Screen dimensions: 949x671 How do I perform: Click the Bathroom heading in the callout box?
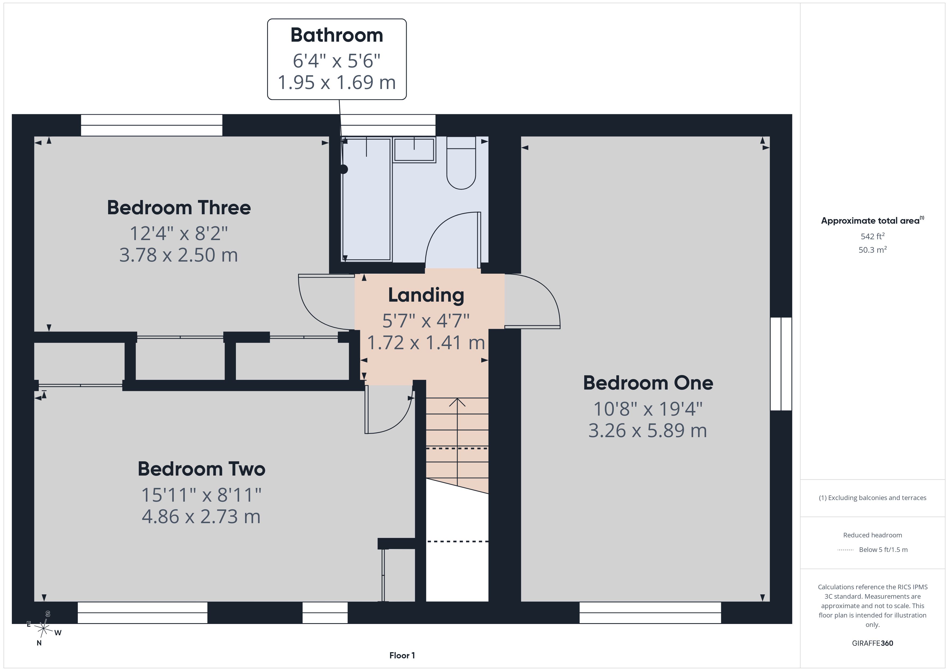tap(337, 35)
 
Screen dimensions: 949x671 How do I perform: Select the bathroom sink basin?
tap(414, 149)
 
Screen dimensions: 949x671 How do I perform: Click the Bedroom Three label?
tap(179, 208)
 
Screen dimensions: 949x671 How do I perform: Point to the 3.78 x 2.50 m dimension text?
tap(179, 255)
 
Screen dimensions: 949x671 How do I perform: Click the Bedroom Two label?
tap(201, 469)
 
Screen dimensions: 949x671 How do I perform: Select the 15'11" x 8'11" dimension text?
tap(201, 495)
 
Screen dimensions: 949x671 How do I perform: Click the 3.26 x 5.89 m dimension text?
tap(648, 430)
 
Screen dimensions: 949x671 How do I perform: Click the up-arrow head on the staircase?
tap(457, 402)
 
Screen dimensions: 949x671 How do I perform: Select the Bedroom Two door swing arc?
tap(400, 422)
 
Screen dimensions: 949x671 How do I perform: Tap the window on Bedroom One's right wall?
tap(781, 364)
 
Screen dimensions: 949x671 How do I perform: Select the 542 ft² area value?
tap(873, 236)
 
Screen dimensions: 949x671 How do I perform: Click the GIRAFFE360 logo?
tap(873, 643)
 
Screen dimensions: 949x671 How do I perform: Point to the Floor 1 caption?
tap(402, 655)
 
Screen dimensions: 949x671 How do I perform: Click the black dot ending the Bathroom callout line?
tap(344, 169)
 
